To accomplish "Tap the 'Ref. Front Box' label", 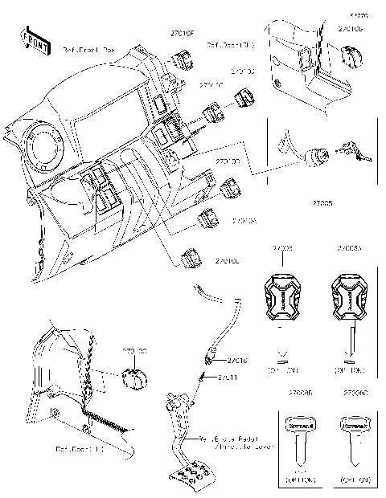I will click(88, 50).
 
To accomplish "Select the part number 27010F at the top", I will click(182, 34).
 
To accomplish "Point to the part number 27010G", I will click(349, 29).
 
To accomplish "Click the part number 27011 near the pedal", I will click(226, 376).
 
